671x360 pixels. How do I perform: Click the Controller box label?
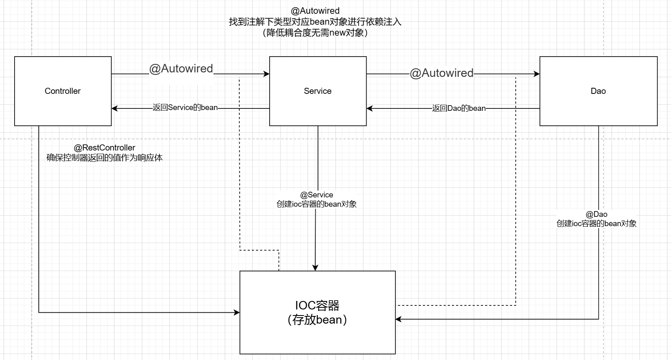[63, 91]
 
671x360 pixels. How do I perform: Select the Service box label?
[318, 91]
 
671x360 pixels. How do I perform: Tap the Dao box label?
[598, 91]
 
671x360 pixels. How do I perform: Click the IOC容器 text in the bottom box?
[317, 305]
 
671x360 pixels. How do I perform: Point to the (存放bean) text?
[317, 320]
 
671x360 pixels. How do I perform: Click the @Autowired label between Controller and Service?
[181, 69]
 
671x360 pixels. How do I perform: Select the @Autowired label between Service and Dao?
[441, 73]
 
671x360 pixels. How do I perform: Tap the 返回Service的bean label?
[185, 108]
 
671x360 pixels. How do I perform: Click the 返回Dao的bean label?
[459, 108]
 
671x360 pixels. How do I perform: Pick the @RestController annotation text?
[104, 148]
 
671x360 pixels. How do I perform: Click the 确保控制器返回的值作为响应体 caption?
[104, 158]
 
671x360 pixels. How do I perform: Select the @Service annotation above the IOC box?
[317, 195]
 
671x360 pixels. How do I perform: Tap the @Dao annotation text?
[597, 214]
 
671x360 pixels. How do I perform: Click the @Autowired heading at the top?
[315, 11]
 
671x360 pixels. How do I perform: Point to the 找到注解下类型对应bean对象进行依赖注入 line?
[315, 22]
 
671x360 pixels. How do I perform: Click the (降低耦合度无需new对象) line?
[315, 33]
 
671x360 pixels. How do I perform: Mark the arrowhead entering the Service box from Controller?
[267, 74]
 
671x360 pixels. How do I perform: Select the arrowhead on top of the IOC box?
[315, 268]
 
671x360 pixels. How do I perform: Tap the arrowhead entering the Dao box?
[537, 74]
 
